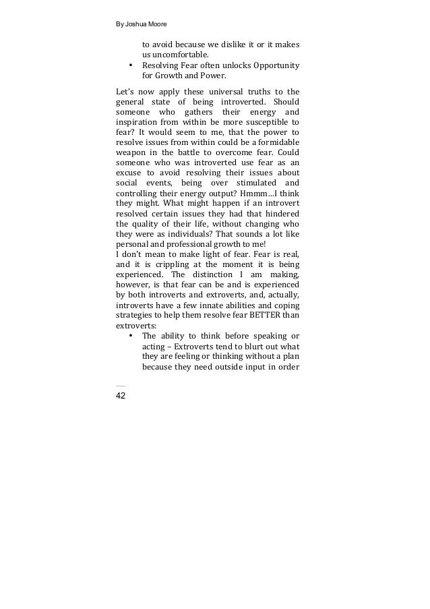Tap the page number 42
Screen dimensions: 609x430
coord(121,395)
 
